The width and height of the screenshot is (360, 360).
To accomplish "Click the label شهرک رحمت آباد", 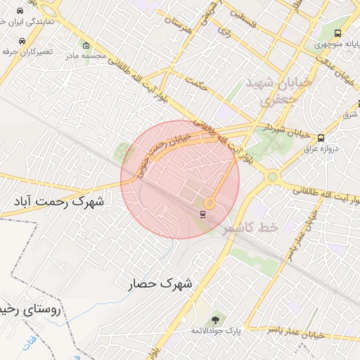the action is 58,202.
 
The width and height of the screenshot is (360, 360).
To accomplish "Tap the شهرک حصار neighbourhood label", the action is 160,284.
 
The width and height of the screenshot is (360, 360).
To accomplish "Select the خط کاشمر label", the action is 250,228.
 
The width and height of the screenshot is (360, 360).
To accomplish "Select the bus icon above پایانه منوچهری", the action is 338,33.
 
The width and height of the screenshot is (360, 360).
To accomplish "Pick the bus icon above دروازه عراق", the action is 321,137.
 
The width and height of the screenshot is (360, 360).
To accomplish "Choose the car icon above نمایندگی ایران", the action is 22,13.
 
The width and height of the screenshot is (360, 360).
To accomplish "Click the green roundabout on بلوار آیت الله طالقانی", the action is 271,177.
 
